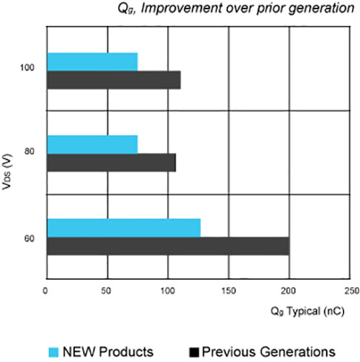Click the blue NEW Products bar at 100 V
92,62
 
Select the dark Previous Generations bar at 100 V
114,80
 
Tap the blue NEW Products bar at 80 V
92,144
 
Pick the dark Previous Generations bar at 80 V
112,163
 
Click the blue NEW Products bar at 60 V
123,227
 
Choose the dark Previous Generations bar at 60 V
168,245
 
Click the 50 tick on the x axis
107,291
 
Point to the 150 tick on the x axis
228,291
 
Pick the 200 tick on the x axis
289,291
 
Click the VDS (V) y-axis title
8,173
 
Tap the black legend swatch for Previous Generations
193,351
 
